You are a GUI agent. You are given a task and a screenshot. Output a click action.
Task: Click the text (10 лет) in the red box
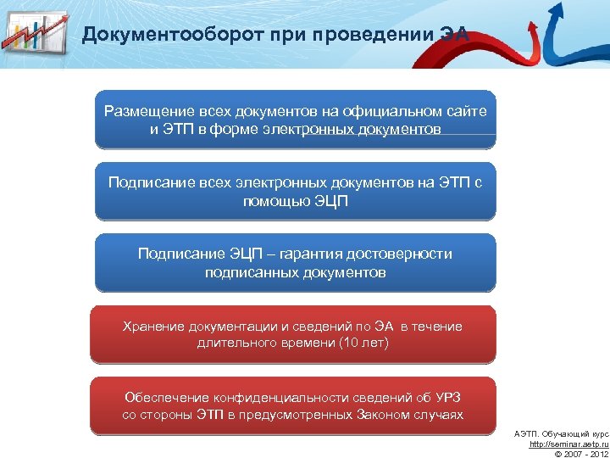point(363,343)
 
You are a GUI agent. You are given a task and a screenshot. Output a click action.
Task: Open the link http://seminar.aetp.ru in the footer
point(568,444)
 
